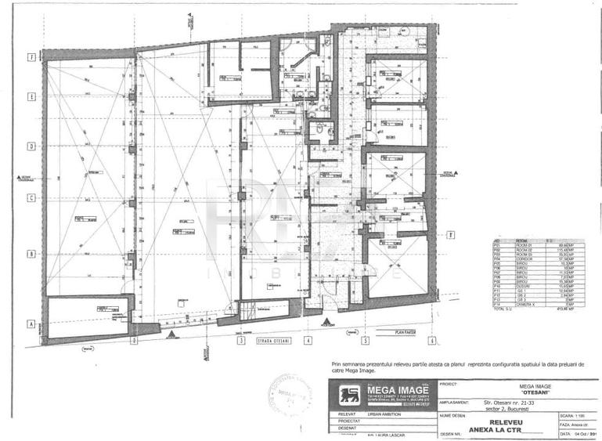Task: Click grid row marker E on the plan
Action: (x=31, y=97)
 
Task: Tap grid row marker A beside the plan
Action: (x=31, y=324)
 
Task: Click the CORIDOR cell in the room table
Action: (x=523, y=259)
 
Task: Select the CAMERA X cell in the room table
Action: (x=524, y=303)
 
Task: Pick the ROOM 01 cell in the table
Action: (x=523, y=245)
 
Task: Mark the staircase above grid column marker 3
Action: (x=248, y=313)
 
